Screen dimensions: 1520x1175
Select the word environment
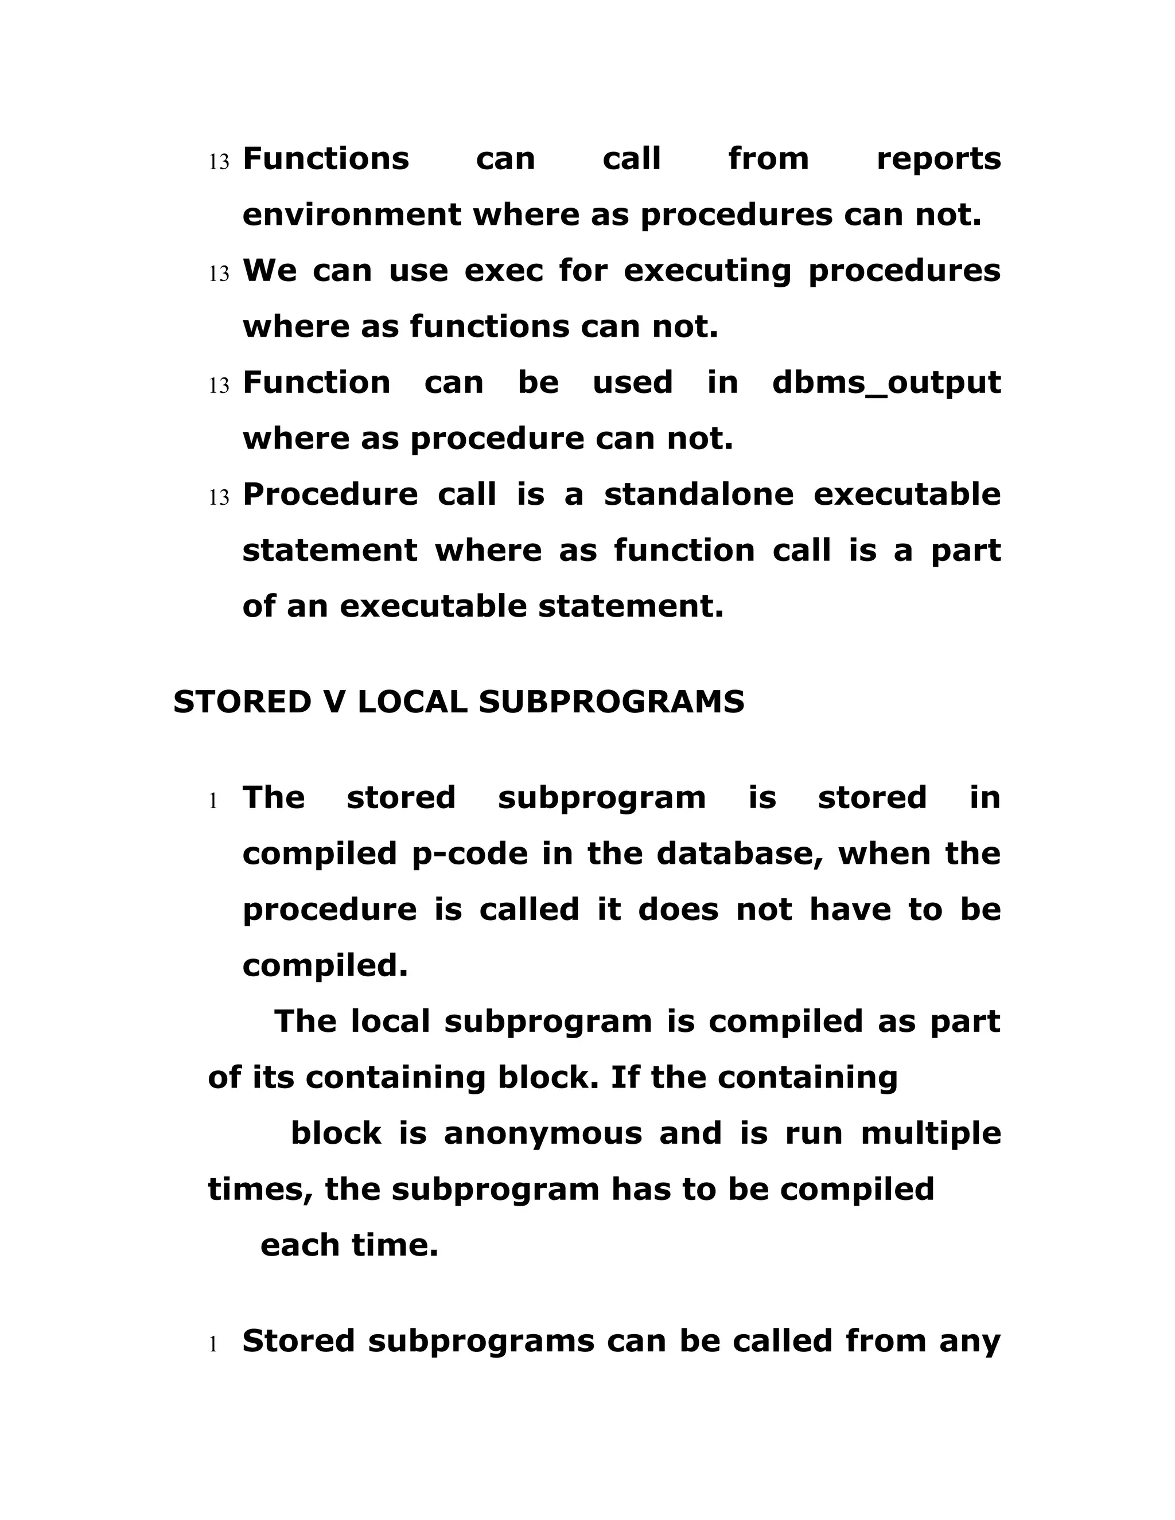tap(351, 215)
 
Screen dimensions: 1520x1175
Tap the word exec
tap(503, 271)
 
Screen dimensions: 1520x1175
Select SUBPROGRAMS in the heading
tap(611, 702)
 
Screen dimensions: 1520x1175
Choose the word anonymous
tap(543, 1134)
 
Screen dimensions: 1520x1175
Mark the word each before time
tap(300, 1245)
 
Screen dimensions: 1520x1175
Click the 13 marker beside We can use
tap(219, 274)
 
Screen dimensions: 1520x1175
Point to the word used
tap(632, 383)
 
